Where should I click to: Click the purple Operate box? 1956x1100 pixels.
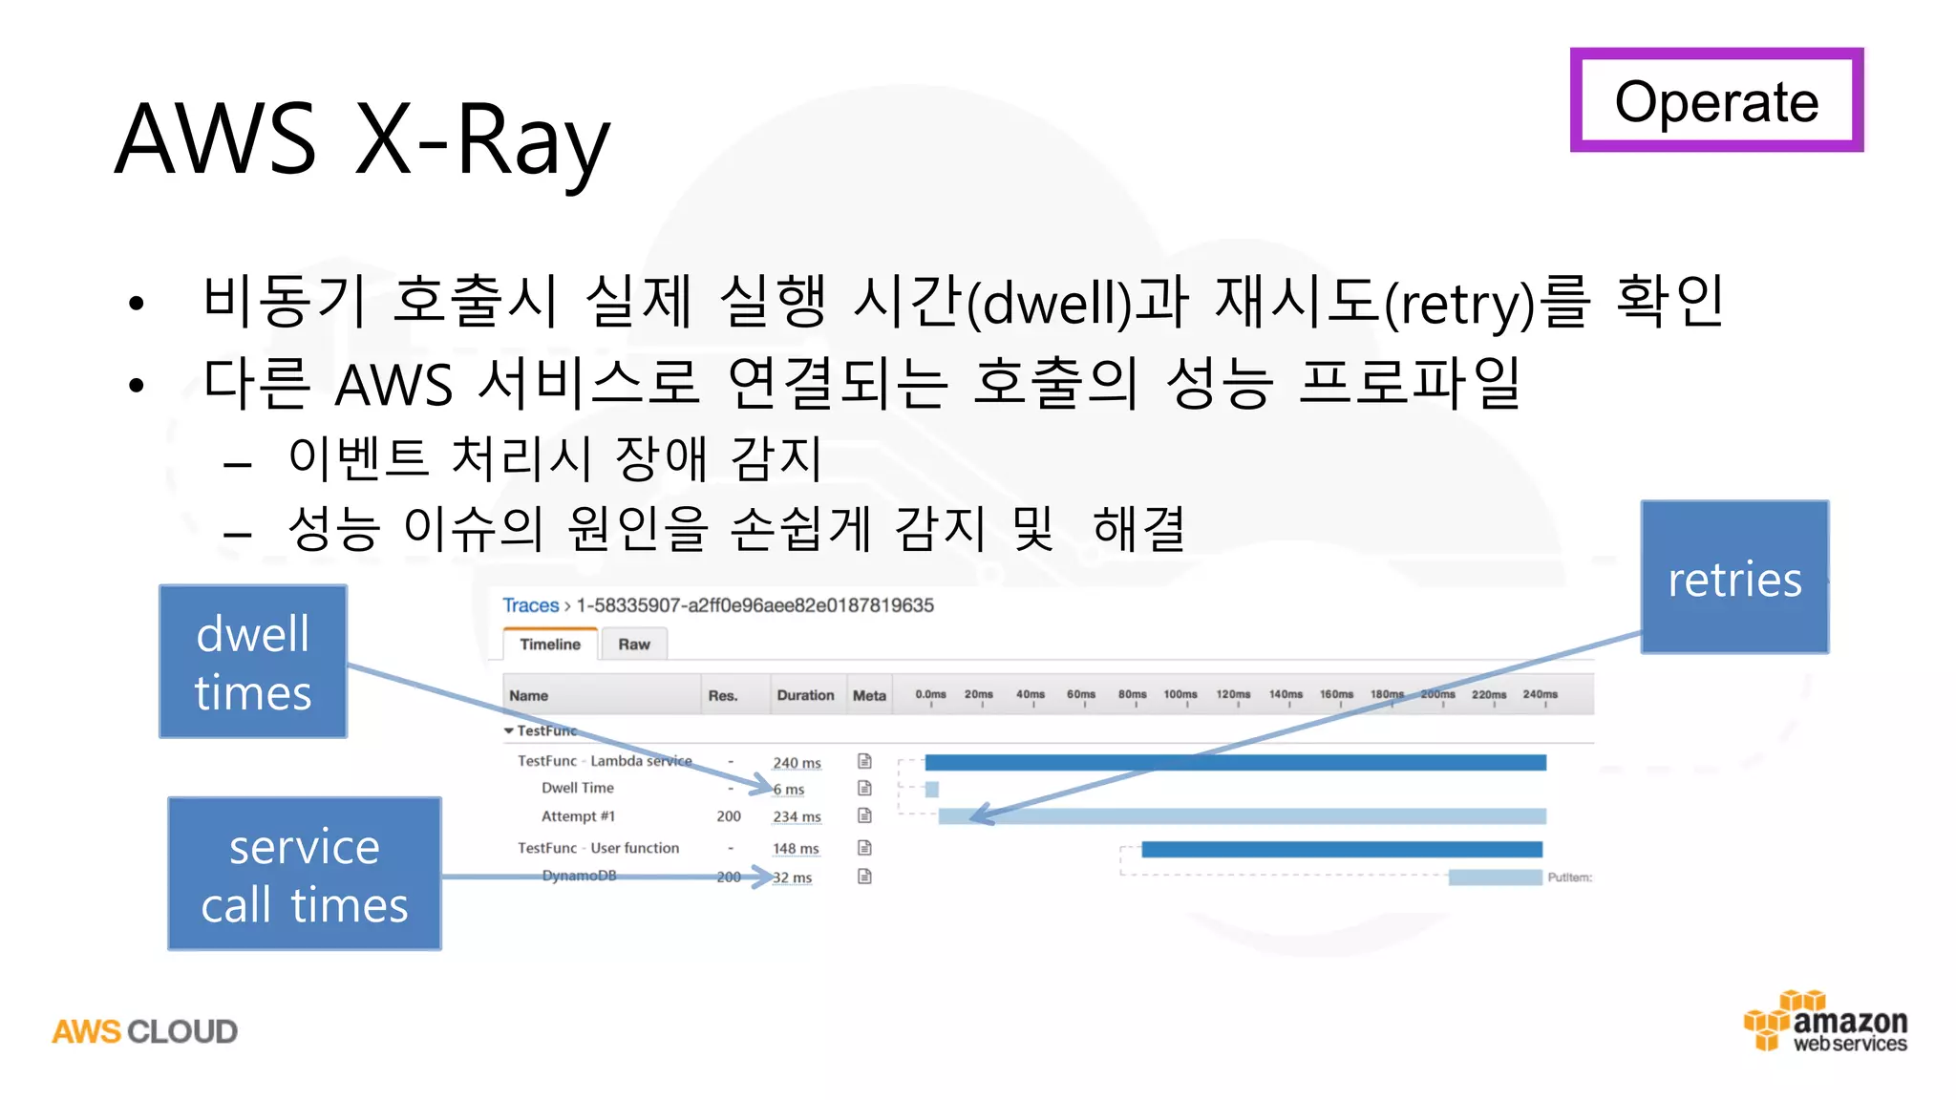[x=1716, y=100]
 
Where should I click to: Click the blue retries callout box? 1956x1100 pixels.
[x=1734, y=577]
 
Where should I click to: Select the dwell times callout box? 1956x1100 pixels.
[x=253, y=662]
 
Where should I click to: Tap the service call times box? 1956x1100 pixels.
[x=305, y=874]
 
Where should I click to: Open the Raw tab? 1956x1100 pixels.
[x=633, y=645]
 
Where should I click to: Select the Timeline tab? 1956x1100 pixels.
[x=550, y=645]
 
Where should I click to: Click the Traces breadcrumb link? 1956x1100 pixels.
[x=530, y=605]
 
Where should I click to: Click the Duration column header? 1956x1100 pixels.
[x=805, y=695]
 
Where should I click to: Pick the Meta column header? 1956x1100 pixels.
[x=869, y=695]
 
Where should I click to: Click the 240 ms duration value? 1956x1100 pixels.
[x=797, y=763]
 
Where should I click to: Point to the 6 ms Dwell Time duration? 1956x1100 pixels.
[x=789, y=790]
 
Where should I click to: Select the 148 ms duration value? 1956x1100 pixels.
[x=796, y=849]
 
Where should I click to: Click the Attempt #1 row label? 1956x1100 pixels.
[x=578, y=816]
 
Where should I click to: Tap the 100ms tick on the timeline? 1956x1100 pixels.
[x=1180, y=694]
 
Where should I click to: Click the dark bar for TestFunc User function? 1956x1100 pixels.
[x=1341, y=849]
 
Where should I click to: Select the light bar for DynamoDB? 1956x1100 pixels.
[x=1495, y=878]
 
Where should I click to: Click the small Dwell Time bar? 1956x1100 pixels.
[x=932, y=790]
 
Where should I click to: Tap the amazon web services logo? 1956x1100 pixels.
[x=1826, y=1024]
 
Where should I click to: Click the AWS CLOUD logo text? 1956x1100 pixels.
[x=145, y=1031]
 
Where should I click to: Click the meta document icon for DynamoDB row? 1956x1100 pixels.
[x=864, y=877]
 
